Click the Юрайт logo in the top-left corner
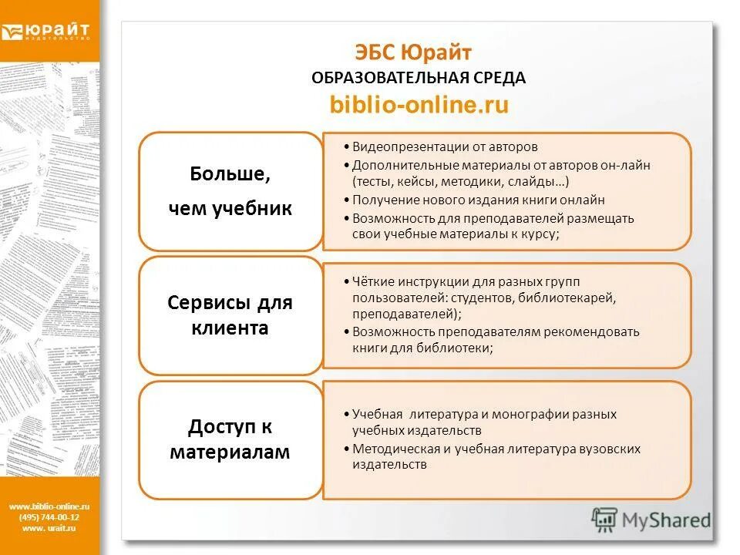(x=46, y=32)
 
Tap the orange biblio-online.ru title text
(x=419, y=105)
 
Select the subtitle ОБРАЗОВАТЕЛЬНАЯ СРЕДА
(x=419, y=78)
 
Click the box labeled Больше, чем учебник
(x=230, y=191)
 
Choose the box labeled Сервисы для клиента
(x=230, y=315)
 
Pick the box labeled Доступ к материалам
(x=230, y=439)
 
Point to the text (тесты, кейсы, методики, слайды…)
(x=461, y=182)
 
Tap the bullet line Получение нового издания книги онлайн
(x=479, y=200)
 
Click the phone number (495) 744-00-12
(x=49, y=517)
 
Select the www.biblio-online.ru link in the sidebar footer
(x=49, y=506)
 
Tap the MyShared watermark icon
(x=605, y=519)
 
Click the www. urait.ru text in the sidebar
(x=49, y=528)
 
